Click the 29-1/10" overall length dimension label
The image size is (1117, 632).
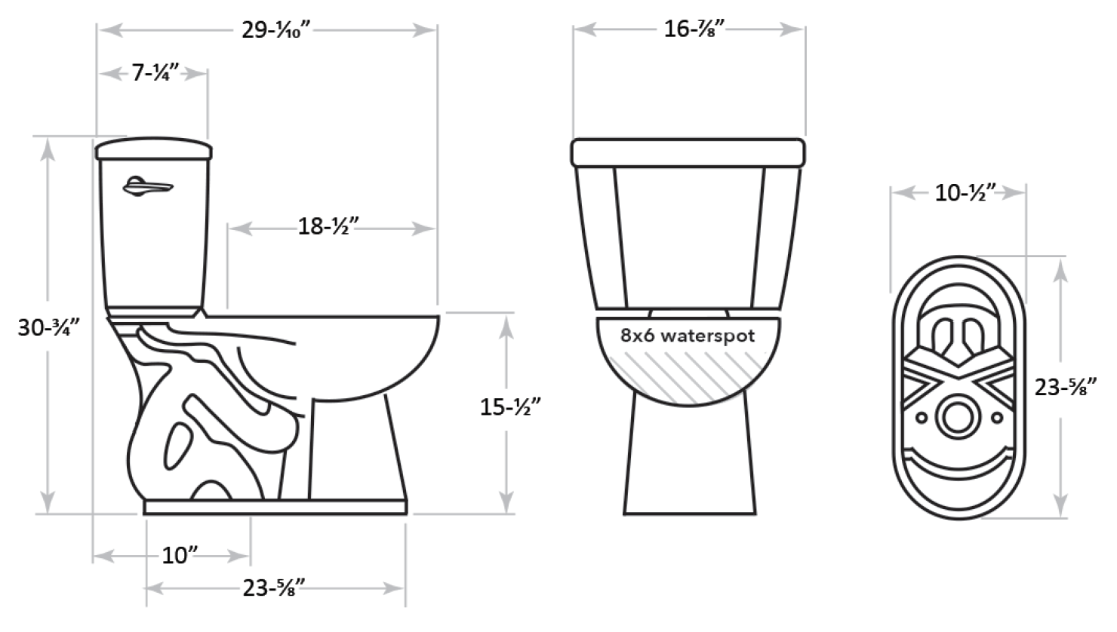tap(276, 30)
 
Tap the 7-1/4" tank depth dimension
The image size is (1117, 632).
tap(155, 72)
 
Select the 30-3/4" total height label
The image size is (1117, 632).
tap(48, 327)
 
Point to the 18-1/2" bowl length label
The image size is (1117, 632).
tap(328, 226)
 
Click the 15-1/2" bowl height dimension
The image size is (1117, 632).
tap(510, 407)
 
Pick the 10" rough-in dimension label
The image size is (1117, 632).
tap(180, 555)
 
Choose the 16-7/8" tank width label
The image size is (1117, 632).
tap(694, 29)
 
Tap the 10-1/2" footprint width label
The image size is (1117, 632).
tap(965, 193)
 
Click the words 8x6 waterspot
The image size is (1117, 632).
tap(688, 336)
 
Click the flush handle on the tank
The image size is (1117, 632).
tap(148, 186)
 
